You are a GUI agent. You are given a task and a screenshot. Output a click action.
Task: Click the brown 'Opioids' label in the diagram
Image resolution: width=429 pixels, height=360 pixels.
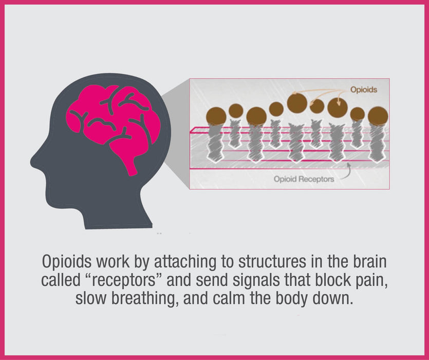point(363,89)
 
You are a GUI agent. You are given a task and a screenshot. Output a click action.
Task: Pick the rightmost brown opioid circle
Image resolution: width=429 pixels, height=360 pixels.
point(378,115)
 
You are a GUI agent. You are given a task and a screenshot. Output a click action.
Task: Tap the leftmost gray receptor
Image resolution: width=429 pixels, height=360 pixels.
point(215,142)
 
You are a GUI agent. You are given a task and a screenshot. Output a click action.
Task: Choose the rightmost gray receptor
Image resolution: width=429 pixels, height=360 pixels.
point(377,142)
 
